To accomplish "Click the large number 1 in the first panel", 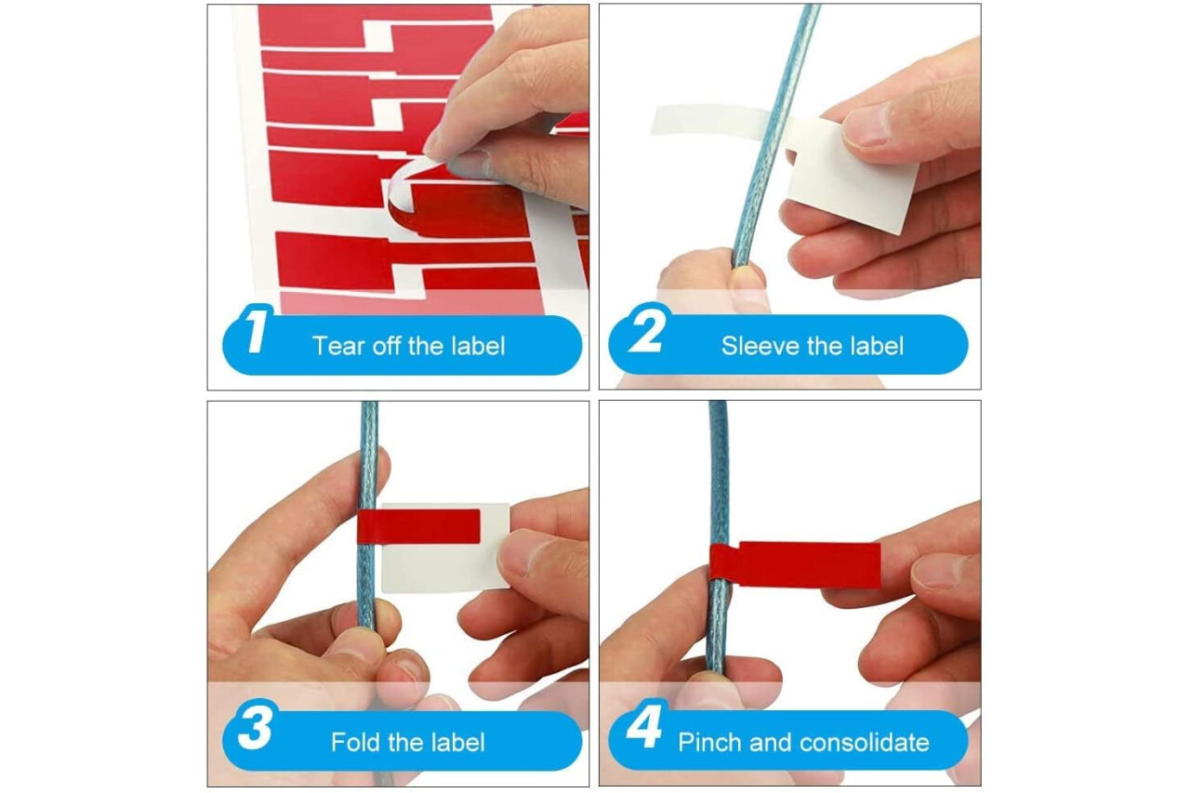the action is pos(258,330).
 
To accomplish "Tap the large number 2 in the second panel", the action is pos(648,329).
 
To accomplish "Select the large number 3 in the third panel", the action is pos(256,725).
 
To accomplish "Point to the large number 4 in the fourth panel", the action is pos(644,724).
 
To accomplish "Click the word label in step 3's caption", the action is pos(457,742).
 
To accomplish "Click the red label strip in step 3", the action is pos(419,526).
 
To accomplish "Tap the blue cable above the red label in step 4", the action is pos(719,472).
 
